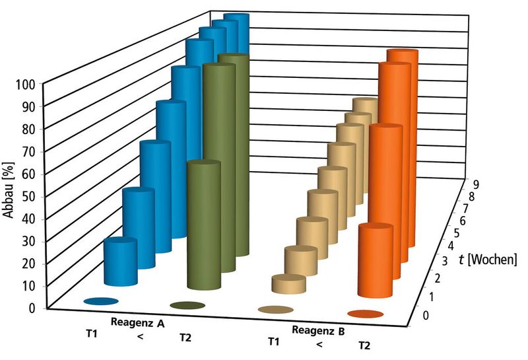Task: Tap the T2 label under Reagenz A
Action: [x=186, y=338]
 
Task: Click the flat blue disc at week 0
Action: [x=101, y=301]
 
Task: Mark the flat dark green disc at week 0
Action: [x=187, y=305]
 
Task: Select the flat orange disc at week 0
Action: [x=365, y=314]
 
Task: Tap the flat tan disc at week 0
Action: [x=275, y=309]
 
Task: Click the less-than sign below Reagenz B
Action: [x=319, y=344]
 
